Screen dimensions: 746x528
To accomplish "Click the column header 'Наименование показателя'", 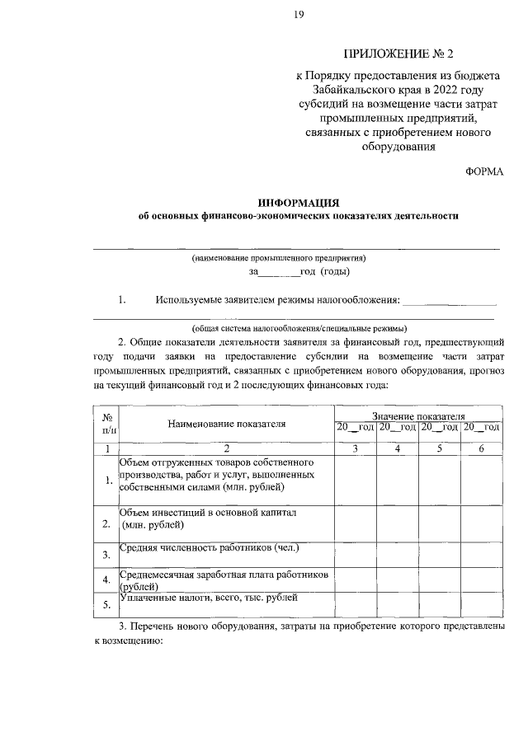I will [227, 425].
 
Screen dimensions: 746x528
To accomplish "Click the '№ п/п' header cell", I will [107, 424].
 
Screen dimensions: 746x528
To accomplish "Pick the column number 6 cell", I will [481, 448].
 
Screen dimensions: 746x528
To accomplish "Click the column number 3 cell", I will [355, 448].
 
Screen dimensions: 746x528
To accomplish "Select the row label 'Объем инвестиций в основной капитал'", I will [208, 512].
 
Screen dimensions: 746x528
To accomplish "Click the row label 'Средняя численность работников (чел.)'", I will [210, 547].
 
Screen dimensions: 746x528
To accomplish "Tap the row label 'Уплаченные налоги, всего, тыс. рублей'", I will [208, 598].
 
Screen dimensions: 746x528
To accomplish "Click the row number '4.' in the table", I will [106, 580].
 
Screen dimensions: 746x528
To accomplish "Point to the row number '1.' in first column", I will [106, 481].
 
